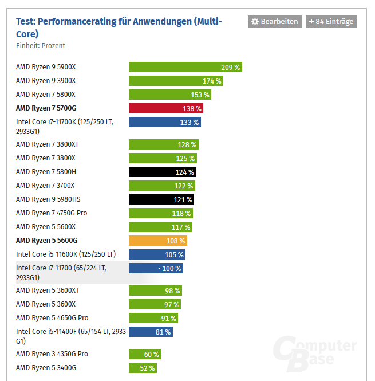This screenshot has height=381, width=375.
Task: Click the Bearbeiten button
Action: click(274, 21)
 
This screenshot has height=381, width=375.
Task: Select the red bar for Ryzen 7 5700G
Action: click(165, 108)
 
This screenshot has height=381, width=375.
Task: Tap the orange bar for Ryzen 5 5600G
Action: click(157, 241)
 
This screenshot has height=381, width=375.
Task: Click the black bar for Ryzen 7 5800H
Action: click(161, 172)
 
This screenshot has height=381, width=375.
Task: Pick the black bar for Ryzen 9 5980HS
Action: click(161, 199)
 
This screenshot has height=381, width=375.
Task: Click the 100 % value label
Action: click(172, 268)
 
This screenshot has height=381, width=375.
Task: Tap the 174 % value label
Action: click(212, 81)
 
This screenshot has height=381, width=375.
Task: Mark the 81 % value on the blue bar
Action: click(163, 332)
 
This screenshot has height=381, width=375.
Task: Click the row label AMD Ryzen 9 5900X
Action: click(46, 67)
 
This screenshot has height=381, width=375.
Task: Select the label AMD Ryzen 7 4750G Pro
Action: click(52, 213)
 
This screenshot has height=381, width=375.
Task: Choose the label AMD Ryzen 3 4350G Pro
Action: click(52, 354)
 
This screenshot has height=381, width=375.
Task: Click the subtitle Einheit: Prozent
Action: click(41, 45)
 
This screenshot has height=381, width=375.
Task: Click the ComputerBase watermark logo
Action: click(315, 355)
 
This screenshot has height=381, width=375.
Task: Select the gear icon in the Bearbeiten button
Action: click(255, 21)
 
